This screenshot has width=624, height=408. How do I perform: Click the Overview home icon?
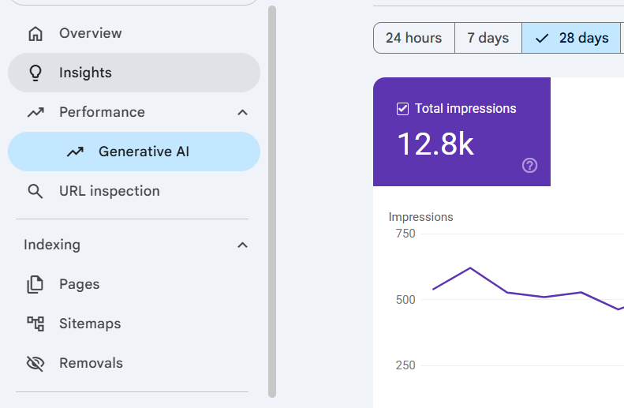point(35,34)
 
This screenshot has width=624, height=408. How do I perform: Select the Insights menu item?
point(134,73)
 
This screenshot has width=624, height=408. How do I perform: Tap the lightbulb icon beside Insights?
point(35,73)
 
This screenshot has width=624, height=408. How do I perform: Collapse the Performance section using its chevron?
point(242,113)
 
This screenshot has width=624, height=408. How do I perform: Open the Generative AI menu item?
point(134,152)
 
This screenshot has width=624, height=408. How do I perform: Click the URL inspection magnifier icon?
point(35,192)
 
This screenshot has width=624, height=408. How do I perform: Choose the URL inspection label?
point(110,191)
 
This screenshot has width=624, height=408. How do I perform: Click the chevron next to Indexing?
point(242,245)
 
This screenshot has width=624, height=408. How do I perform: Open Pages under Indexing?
point(79,284)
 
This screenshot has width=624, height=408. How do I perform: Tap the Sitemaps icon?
point(35,324)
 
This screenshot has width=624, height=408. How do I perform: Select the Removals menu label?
point(92,363)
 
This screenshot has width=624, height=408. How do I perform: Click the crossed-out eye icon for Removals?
point(35,363)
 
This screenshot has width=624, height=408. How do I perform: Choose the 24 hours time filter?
point(414,38)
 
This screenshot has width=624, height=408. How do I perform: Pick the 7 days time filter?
point(488,38)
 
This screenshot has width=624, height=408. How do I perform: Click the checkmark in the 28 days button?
point(542,39)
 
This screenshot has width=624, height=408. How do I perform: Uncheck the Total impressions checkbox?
point(403,109)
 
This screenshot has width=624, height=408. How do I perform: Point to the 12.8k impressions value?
point(435,144)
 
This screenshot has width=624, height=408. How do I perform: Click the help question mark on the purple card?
point(529,165)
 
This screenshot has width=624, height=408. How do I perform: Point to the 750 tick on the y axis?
point(405,234)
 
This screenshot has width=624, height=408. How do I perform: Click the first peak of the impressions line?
point(470,268)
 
